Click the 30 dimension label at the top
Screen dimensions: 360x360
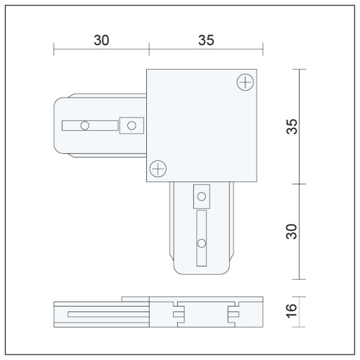point(101,40)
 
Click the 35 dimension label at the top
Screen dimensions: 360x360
point(206,40)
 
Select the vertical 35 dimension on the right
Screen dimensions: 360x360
point(292,127)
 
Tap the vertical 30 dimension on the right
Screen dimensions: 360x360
point(292,231)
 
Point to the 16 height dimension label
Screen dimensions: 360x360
point(292,311)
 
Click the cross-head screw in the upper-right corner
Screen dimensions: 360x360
point(245,82)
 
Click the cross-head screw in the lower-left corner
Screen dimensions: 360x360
point(158,169)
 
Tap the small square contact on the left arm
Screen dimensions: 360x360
point(131,126)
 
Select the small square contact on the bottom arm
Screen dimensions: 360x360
point(202,196)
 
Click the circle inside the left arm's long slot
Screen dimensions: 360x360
point(85,126)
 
